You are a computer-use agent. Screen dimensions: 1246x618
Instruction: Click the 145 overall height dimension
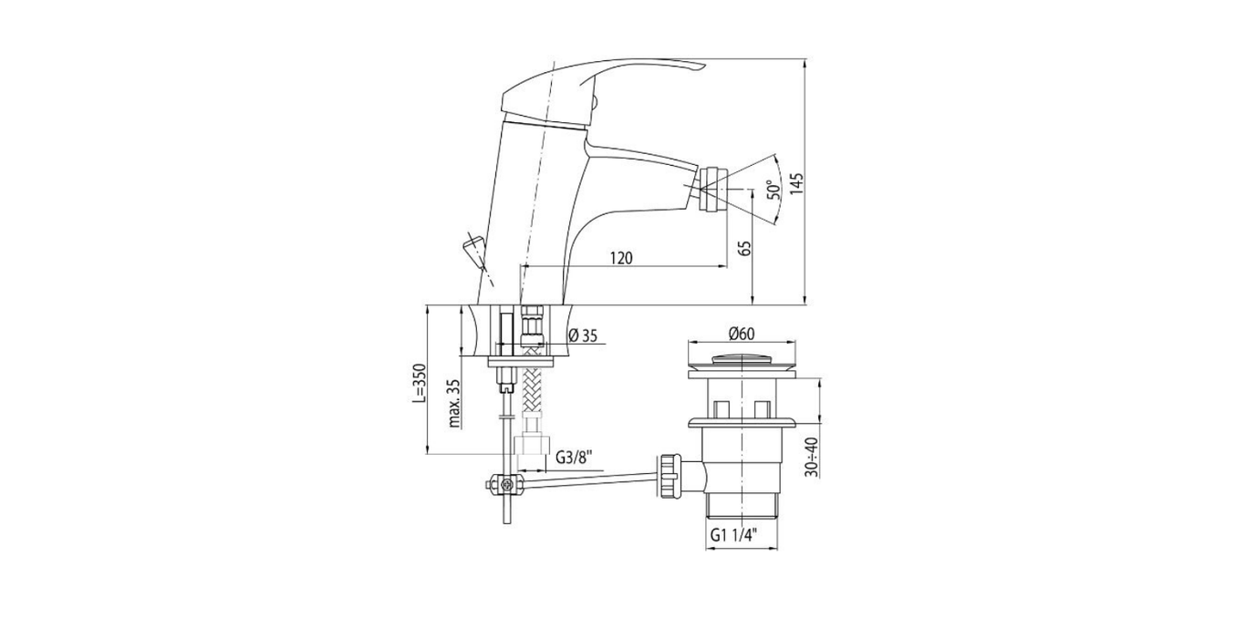[797, 183]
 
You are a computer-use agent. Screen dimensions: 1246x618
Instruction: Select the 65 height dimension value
[746, 248]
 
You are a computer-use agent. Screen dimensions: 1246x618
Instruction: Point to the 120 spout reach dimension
[621, 258]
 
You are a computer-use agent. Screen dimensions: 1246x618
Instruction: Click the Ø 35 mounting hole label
[583, 335]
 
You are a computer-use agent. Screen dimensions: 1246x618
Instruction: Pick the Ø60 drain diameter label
[742, 334]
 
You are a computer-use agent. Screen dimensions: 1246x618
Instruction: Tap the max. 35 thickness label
[454, 404]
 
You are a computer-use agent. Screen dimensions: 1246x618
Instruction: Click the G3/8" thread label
[574, 458]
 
